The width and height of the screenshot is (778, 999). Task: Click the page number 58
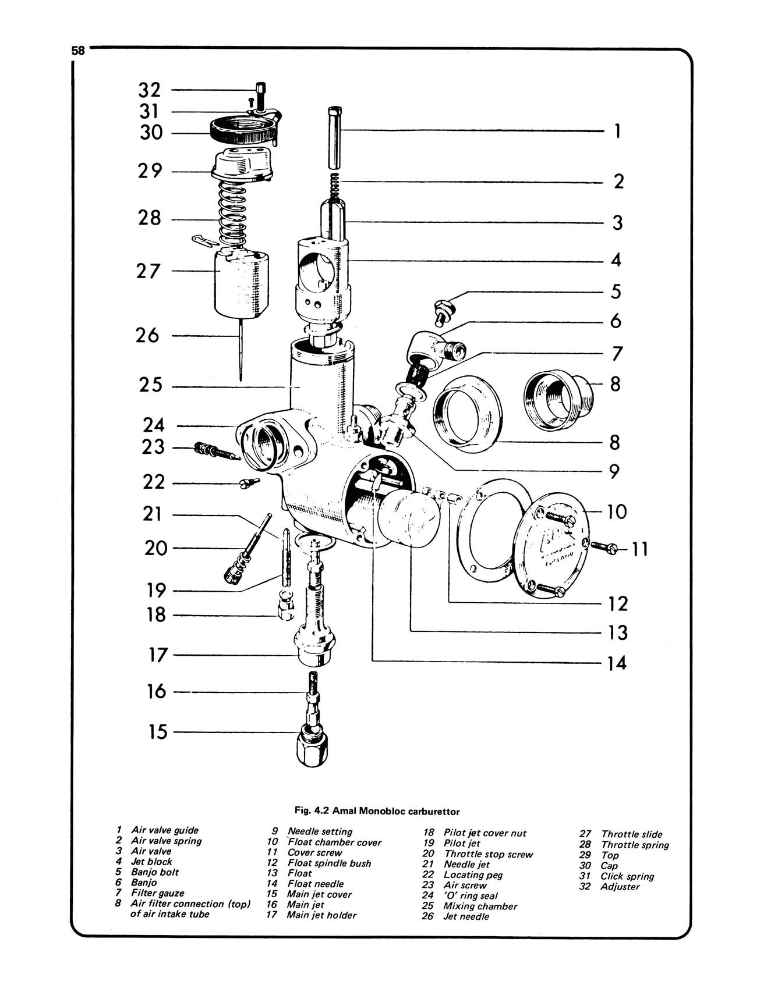click(78, 51)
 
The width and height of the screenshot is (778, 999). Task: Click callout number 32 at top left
click(149, 90)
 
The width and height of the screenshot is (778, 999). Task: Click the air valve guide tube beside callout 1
click(334, 137)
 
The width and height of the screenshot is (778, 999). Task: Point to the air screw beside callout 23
click(213, 451)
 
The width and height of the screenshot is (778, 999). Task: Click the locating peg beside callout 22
click(249, 482)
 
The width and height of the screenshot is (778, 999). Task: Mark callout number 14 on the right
click(617, 663)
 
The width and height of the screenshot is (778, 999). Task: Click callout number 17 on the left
click(157, 655)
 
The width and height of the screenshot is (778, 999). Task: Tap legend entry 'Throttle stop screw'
click(488, 854)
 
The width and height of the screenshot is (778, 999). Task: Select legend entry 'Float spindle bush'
click(329, 863)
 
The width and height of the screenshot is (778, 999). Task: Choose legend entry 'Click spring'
click(627, 876)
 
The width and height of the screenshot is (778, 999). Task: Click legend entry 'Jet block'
click(151, 862)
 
